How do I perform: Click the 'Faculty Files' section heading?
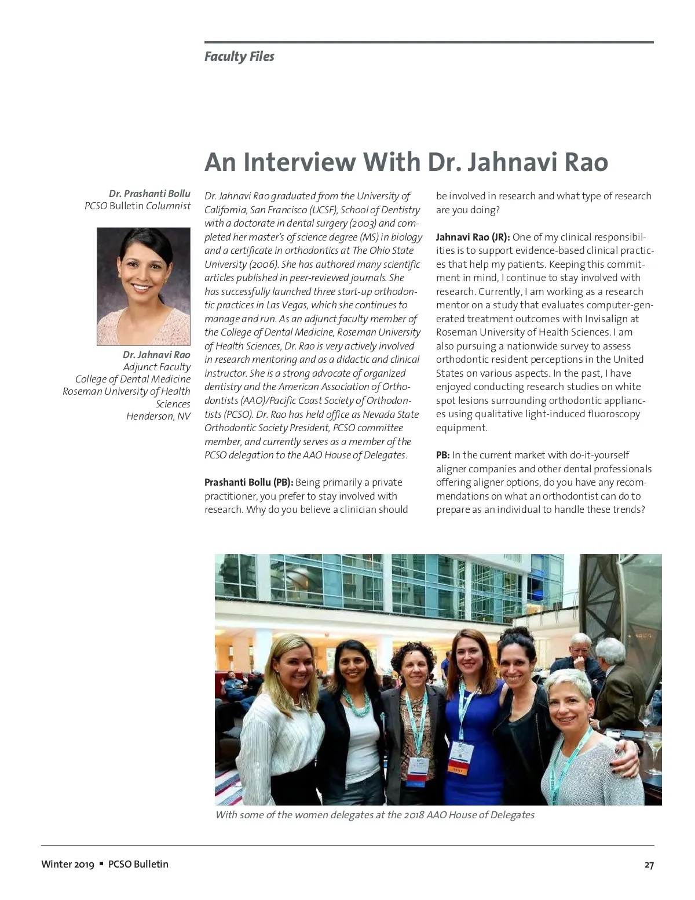[x=239, y=57]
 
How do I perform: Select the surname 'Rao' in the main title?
[x=581, y=162]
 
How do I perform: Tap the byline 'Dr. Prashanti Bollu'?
[x=149, y=194]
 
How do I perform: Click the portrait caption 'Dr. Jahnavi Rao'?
[x=156, y=355]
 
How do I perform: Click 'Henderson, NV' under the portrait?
[x=158, y=416]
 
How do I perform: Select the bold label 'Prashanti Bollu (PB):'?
[x=248, y=482]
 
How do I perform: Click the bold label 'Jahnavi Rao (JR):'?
[x=473, y=237]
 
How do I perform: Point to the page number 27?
[x=649, y=865]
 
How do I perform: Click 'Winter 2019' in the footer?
[x=67, y=864]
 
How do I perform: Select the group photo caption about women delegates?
[x=375, y=815]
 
